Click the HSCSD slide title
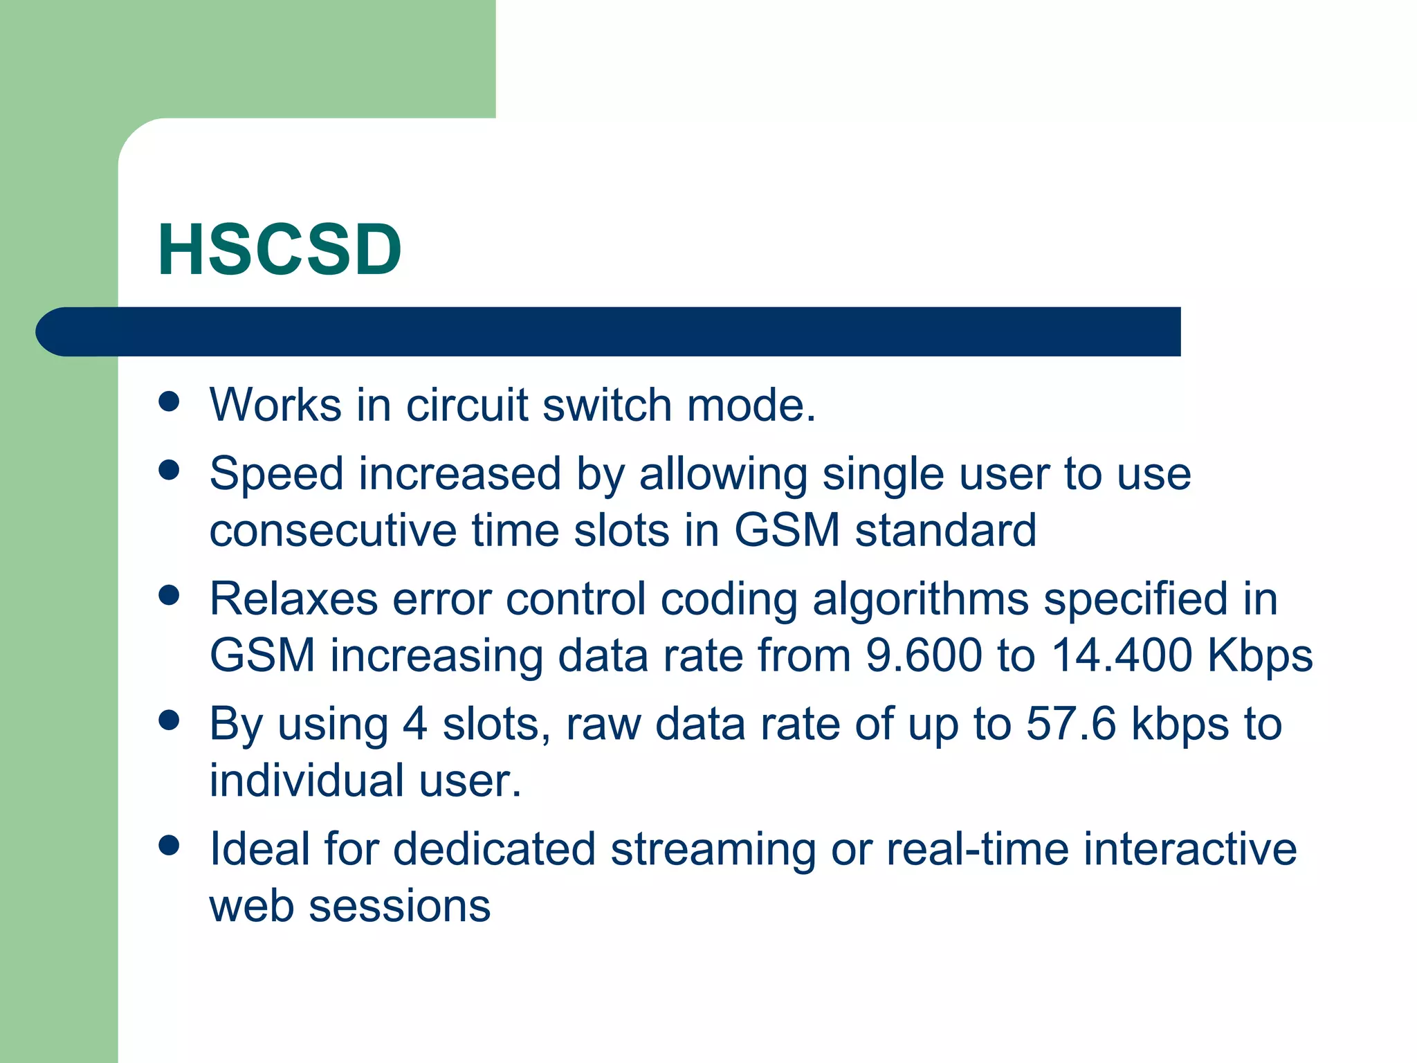click(x=280, y=250)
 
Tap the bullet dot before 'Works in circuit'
click(x=169, y=401)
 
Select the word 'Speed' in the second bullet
click(x=277, y=475)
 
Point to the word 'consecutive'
click(x=333, y=531)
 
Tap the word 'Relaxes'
click(x=293, y=599)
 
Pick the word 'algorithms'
click(x=920, y=600)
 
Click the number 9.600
click(x=924, y=655)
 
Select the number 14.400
click(x=1122, y=655)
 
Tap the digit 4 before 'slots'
click(x=414, y=725)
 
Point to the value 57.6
click(x=1071, y=725)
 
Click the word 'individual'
click(x=307, y=781)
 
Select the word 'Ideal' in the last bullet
click(x=259, y=849)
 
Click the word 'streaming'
click(x=713, y=851)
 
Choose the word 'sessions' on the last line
click(x=399, y=907)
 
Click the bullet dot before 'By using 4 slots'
click(x=169, y=720)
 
